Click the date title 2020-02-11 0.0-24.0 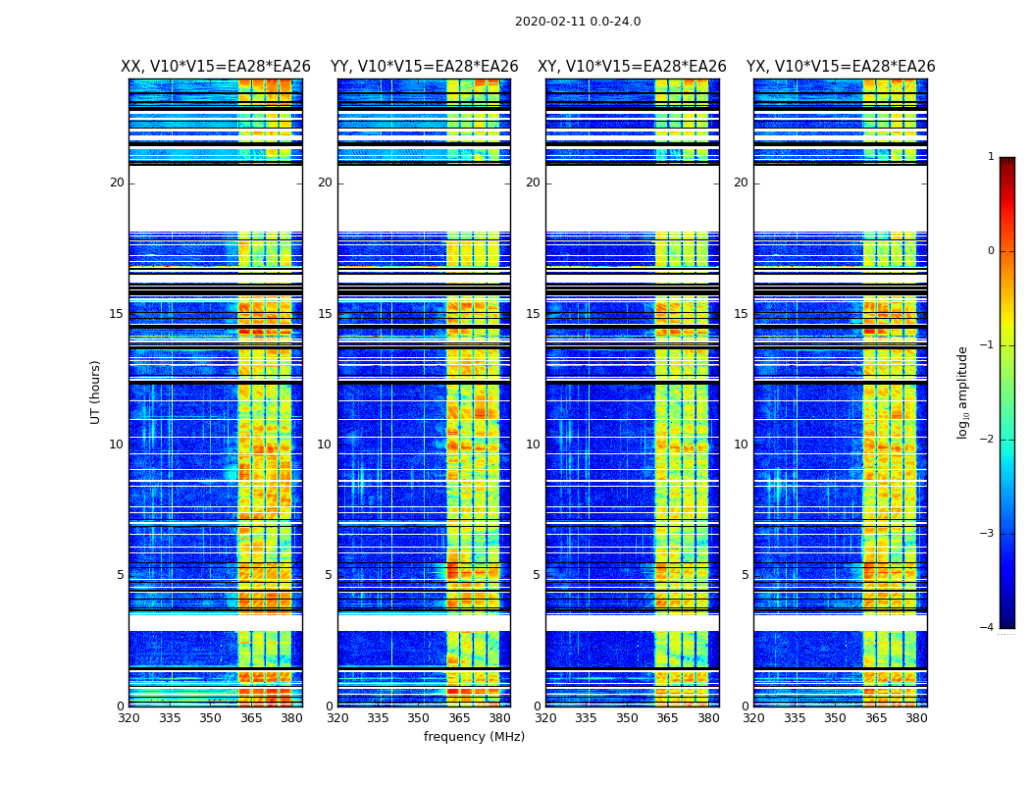tap(578, 22)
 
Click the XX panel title tap(216, 67)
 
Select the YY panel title tap(424, 67)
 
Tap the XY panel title tap(632, 67)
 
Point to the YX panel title tap(841, 67)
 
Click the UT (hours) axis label tap(96, 392)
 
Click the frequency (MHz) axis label tap(474, 737)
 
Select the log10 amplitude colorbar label tap(963, 392)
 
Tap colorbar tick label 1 tap(990, 157)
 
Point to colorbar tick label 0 tap(990, 251)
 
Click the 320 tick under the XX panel tap(129, 718)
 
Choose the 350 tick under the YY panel tap(419, 718)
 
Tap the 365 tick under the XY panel tap(667, 718)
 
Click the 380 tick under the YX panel tap(916, 718)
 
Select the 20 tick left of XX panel tap(117, 183)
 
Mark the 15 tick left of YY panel tap(325, 314)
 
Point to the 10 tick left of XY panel tap(533, 445)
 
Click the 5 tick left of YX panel tap(745, 575)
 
